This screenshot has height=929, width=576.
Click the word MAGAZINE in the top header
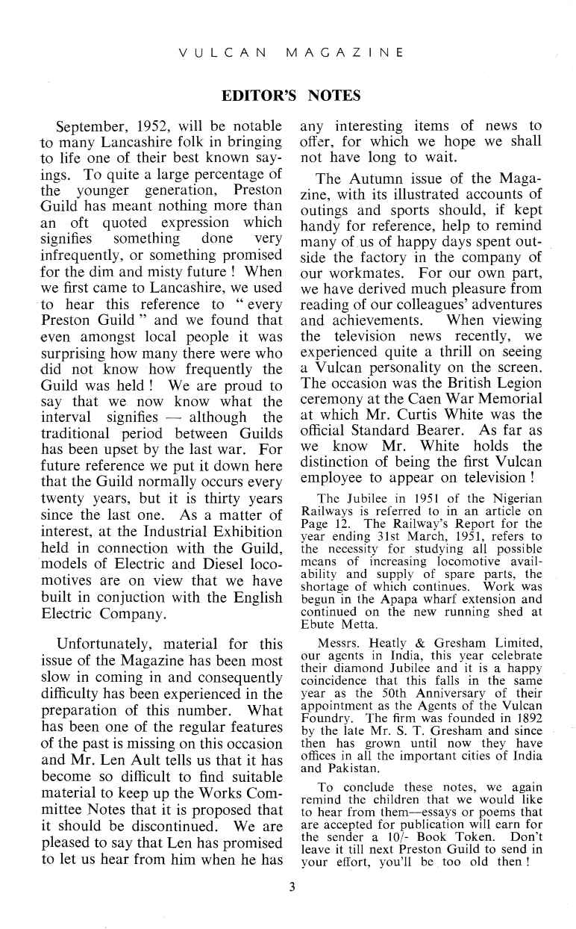pyautogui.click(x=345, y=53)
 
